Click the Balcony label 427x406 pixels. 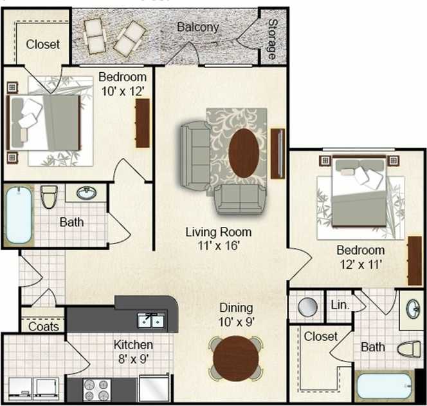pyautogui.click(x=198, y=27)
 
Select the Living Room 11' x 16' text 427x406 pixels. pyautogui.click(x=218, y=238)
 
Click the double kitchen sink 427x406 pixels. pyautogui.click(x=152, y=320)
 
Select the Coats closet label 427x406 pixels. pyautogui.click(x=44, y=326)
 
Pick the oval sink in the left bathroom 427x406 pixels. pyautogui.click(x=86, y=192)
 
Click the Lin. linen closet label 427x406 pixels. pyautogui.click(x=340, y=305)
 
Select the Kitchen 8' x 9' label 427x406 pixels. pyautogui.click(x=133, y=351)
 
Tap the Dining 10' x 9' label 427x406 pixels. pyautogui.click(x=236, y=314)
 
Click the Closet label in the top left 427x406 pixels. pyautogui.click(x=43, y=44)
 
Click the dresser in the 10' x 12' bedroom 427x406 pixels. pyautogui.click(x=142, y=122)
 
